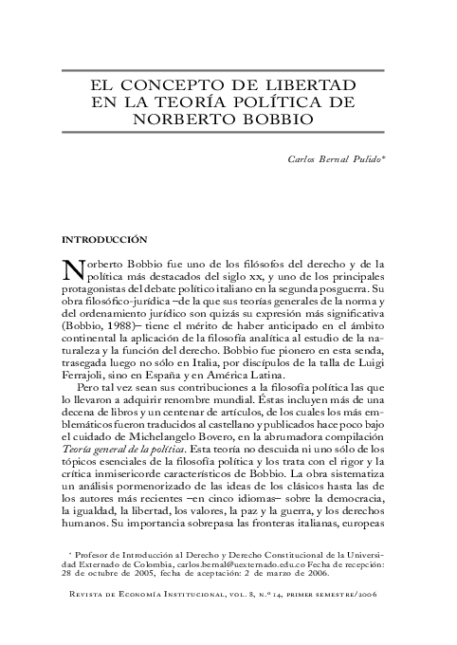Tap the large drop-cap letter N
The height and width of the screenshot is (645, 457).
(x=73, y=270)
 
